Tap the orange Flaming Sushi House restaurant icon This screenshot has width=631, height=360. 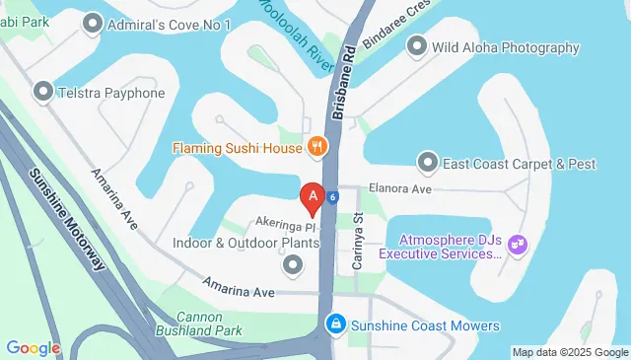(x=316, y=148)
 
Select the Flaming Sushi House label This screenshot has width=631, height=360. (x=237, y=149)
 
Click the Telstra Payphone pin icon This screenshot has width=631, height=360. (x=43, y=93)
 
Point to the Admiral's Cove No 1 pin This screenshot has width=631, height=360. (x=93, y=21)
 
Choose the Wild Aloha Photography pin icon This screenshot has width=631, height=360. (x=416, y=46)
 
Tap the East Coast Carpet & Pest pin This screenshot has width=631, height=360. (x=427, y=161)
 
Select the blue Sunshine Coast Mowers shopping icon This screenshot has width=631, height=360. (x=336, y=324)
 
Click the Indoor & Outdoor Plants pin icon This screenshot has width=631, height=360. (x=293, y=264)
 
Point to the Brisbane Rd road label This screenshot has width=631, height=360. (x=344, y=83)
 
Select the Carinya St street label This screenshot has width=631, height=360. (x=359, y=246)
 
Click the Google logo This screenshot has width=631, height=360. (x=33, y=348)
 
